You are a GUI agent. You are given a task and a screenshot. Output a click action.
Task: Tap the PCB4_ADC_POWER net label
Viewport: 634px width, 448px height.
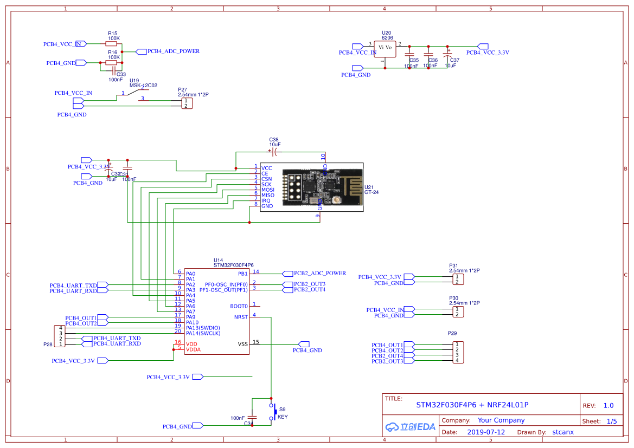pos(174,51)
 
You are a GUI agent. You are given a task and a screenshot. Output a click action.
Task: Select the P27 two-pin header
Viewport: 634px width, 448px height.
pos(187,103)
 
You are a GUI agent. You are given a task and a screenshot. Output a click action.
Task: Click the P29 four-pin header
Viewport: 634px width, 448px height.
pos(458,353)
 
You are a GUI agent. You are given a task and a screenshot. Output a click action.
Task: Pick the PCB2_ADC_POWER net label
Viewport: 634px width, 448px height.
pos(319,273)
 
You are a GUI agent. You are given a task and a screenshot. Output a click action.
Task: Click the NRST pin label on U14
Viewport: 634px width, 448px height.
pos(241,317)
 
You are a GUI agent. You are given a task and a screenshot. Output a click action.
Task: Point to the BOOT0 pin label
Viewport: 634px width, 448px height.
pos(239,306)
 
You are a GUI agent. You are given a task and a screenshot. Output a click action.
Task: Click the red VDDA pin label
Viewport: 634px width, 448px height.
pos(193,349)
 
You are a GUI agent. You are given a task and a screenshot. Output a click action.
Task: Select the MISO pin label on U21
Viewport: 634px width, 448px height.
pos(268,195)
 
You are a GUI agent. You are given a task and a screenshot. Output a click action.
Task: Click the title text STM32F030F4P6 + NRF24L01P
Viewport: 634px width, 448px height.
pos(472,405)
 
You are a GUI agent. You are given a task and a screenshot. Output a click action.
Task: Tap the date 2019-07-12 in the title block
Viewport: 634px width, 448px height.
pos(486,432)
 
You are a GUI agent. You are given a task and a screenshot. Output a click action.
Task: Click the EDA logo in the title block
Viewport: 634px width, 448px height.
pos(410,427)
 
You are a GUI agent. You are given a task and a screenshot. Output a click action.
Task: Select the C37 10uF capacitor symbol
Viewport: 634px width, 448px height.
pos(447,55)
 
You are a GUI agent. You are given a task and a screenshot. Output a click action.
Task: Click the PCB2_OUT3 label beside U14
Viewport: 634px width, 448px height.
pos(309,284)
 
